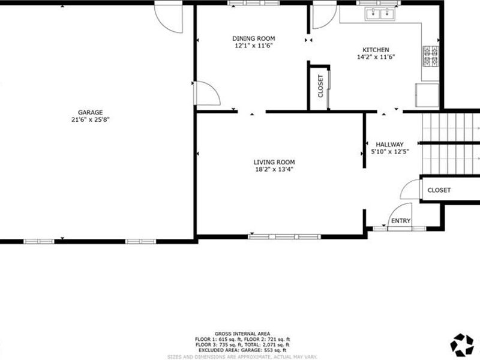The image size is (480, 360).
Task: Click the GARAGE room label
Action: [90, 112]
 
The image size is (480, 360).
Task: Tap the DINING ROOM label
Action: [254, 38]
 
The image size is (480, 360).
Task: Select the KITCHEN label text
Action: [376, 50]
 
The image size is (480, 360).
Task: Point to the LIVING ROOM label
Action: [274, 162]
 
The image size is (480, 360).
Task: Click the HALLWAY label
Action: [389, 144]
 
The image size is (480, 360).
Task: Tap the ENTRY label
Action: [400, 221]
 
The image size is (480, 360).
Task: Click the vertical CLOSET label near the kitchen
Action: [320, 86]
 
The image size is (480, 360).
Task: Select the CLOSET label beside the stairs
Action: [439, 190]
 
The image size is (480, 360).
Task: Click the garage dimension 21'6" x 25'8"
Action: [90, 119]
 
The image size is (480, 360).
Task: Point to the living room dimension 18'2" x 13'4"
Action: [274, 169]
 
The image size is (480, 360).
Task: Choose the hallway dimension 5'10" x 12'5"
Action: [389, 152]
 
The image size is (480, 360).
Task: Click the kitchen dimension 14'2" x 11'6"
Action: [376, 58]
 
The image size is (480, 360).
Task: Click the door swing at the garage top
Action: [167, 18]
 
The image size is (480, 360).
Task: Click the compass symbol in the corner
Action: [461, 343]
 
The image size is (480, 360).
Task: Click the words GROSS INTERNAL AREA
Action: [242, 334]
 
